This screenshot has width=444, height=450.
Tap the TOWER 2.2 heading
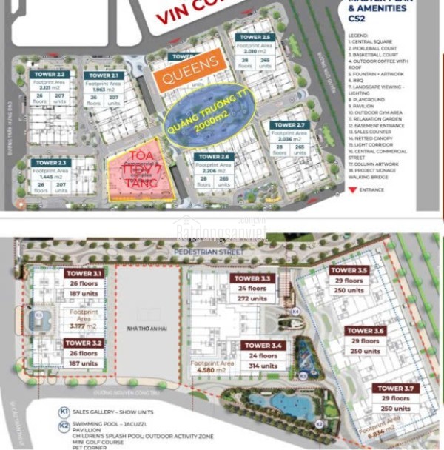point(50,75)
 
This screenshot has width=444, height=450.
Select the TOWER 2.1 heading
point(103,75)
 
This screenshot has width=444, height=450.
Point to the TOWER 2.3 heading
point(51,162)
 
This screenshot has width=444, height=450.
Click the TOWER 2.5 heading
point(255,37)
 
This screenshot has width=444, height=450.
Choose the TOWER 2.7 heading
point(289,125)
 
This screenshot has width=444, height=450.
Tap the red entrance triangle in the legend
point(351,189)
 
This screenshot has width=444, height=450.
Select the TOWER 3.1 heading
point(84,273)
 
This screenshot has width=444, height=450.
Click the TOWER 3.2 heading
point(84,343)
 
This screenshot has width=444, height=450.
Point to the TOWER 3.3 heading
point(255,279)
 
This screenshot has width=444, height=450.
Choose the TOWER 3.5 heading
point(349,271)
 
